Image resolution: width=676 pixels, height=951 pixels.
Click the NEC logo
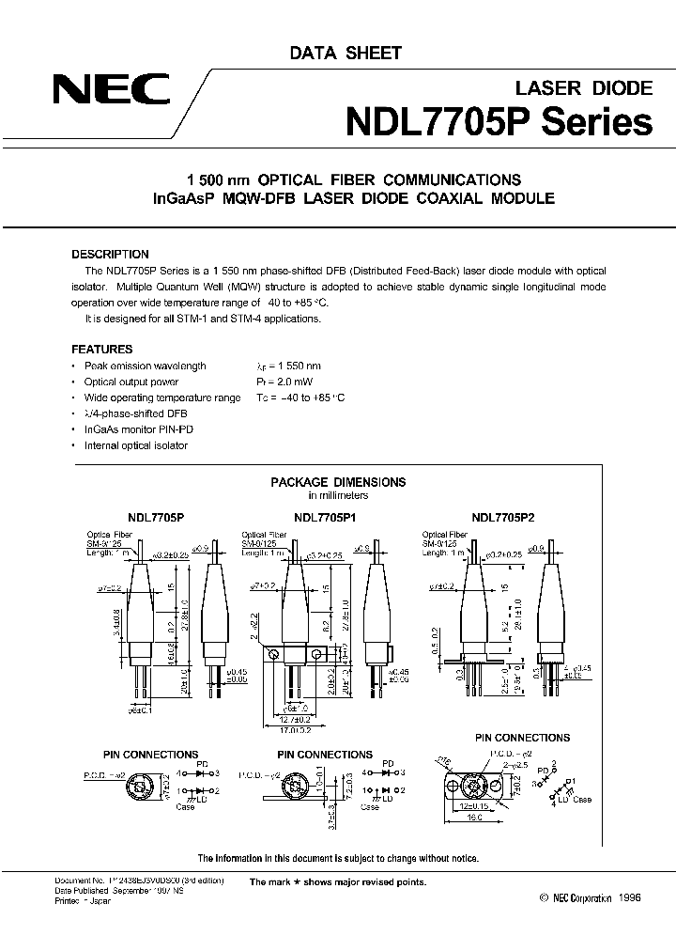click(111, 92)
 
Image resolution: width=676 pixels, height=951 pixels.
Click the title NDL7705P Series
click(499, 121)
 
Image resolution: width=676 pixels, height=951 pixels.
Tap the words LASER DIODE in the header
click(584, 88)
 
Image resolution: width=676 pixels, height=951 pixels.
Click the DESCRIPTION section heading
click(110, 254)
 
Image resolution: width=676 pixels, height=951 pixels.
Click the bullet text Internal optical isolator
click(135, 445)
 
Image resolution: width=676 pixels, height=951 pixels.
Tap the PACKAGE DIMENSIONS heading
click(338, 482)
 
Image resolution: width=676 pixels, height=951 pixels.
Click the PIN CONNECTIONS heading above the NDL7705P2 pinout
click(522, 738)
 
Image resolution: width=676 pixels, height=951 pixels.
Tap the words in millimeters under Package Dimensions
click(338, 495)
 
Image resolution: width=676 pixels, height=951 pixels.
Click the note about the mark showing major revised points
click(337, 882)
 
